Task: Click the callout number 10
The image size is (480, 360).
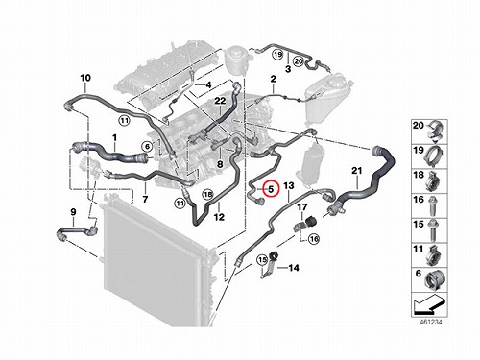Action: tap(85, 78)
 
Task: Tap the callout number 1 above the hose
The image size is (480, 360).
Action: tap(114, 138)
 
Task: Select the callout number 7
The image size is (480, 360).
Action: tap(145, 200)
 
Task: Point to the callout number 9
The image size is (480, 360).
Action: tap(73, 212)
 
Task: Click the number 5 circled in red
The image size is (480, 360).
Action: tap(271, 189)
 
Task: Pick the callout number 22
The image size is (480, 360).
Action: tap(220, 101)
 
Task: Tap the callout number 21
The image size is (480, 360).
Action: tap(357, 171)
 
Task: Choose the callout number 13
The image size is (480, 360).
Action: tap(289, 185)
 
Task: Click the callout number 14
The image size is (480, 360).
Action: tap(294, 268)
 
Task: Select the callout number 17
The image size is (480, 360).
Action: tap(302, 207)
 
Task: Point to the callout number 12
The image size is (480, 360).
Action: tap(219, 217)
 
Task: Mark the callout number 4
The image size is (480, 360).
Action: tap(208, 85)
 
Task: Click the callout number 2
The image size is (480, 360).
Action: tap(273, 79)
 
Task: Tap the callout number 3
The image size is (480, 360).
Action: tap(288, 69)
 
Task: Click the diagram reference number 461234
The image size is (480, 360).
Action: tap(431, 322)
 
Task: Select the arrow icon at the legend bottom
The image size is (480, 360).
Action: tap(429, 304)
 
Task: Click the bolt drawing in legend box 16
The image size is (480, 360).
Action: tap(435, 205)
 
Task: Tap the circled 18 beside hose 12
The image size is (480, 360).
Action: tap(208, 194)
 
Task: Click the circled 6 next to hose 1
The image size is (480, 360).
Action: tap(147, 147)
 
